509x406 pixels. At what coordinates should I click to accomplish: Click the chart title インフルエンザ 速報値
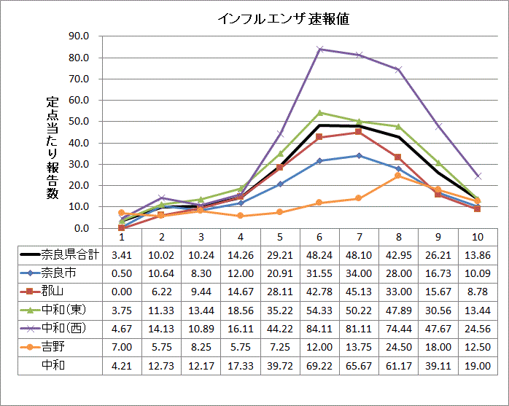point(283,19)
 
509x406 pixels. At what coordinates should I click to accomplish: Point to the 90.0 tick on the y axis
point(99,36)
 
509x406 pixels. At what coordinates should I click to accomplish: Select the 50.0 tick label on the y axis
point(99,121)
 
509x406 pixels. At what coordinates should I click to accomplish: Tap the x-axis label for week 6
point(319,236)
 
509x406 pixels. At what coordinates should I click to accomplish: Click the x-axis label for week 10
point(477,236)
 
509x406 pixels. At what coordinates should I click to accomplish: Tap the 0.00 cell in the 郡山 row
point(122,292)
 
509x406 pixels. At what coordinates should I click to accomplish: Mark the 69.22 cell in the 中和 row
point(319,365)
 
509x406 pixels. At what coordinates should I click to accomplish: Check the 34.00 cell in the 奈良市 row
point(359,273)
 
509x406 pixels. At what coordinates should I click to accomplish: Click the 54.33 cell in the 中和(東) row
point(319,310)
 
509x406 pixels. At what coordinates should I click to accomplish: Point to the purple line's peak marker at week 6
point(319,49)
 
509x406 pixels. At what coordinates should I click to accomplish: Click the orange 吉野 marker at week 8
point(398,176)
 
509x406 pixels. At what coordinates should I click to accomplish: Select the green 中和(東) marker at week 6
point(319,112)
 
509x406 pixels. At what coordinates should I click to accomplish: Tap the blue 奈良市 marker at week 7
point(359,155)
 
